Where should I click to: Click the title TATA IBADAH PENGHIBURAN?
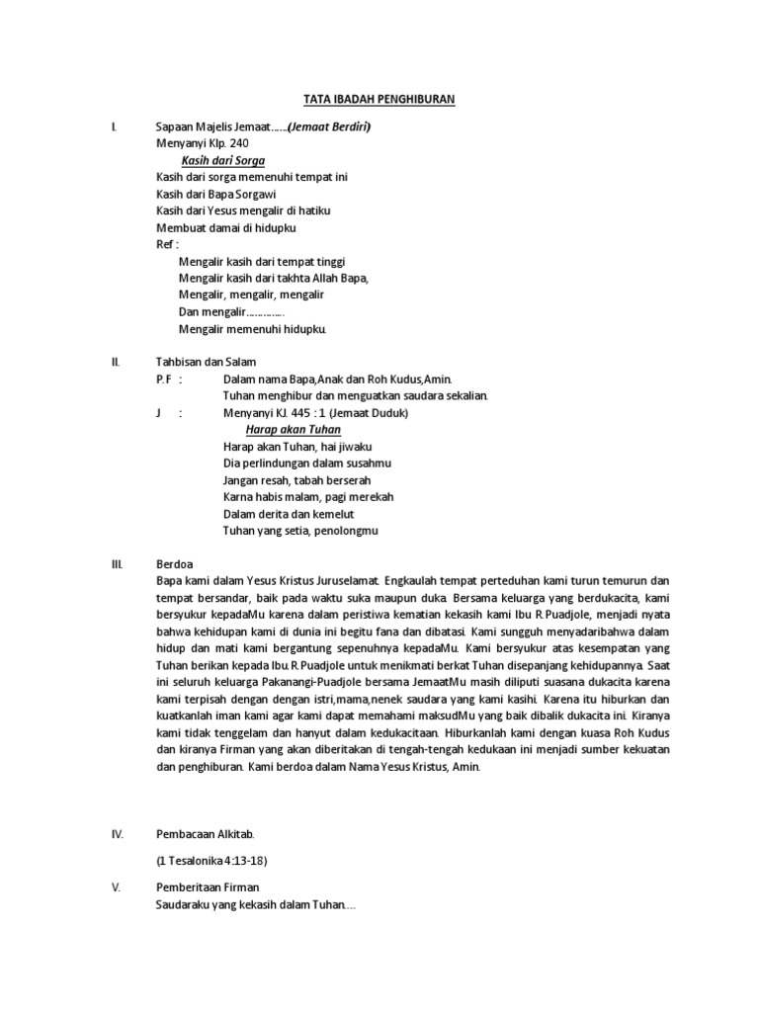[378, 101]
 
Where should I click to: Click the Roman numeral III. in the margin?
[116, 563]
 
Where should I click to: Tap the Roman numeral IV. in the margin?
[117, 834]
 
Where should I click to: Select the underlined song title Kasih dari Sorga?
[222, 160]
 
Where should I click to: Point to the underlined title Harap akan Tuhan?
[294, 430]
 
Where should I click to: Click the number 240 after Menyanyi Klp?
[238, 143]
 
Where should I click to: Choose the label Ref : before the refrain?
[169, 244]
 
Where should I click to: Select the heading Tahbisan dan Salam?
[207, 362]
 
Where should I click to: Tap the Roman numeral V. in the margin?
[116, 887]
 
